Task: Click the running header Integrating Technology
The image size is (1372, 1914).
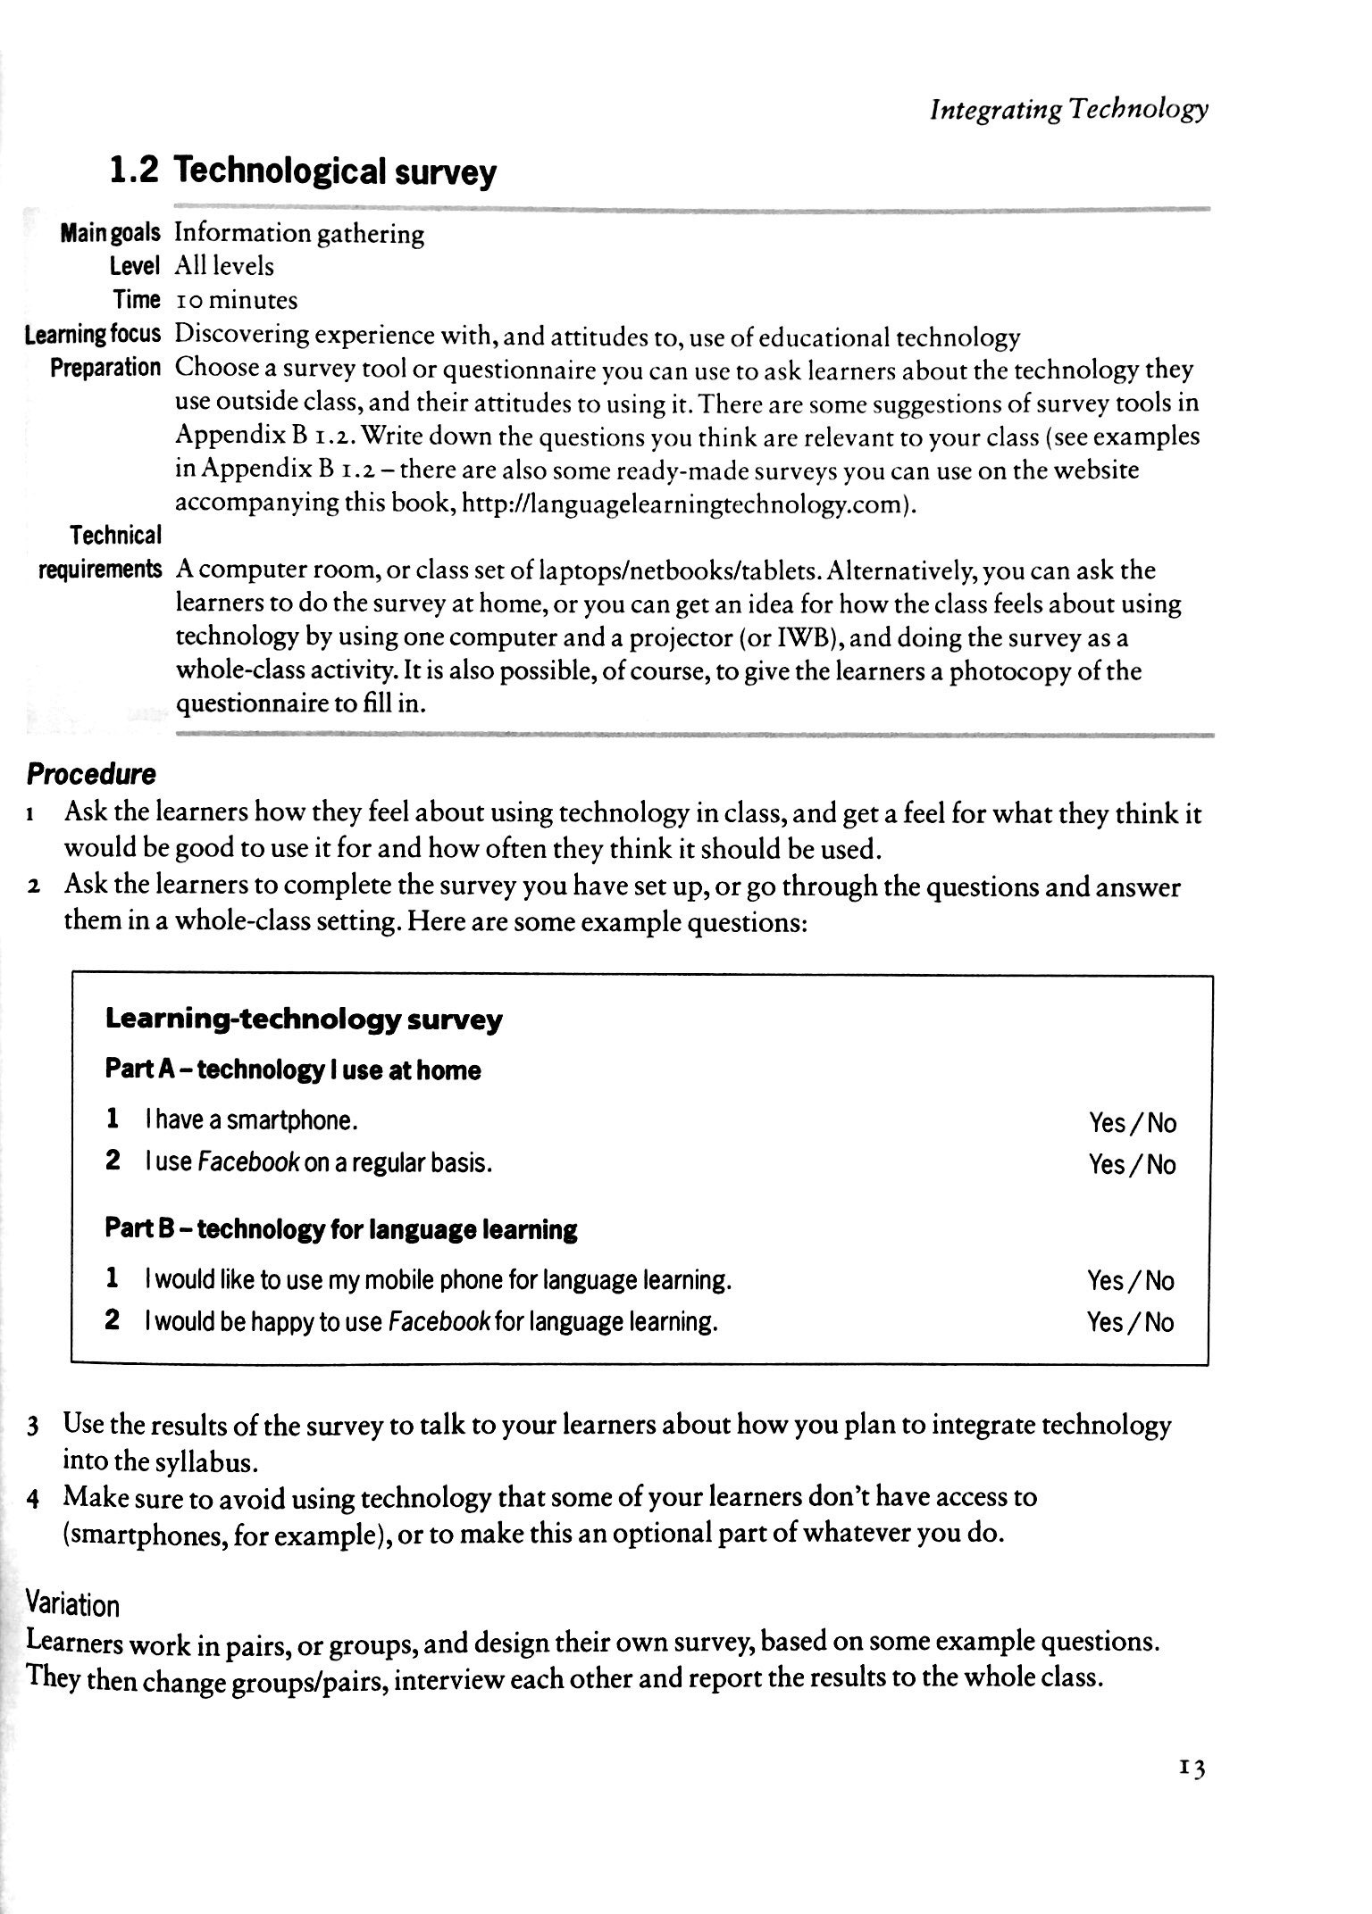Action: tap(1068, 110)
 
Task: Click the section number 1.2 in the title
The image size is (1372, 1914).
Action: tap(134, 170)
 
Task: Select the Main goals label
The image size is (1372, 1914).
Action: tap(110, 234)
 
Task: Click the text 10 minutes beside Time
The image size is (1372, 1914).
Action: tap(236, 300)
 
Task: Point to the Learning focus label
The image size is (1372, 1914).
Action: tap(93, 335)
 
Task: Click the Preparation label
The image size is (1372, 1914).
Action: tap(105, 368)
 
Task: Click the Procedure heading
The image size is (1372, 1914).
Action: tap(91, 773)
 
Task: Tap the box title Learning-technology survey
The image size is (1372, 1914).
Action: tap(304, 1019)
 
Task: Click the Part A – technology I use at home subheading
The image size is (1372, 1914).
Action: tap(293, 1069)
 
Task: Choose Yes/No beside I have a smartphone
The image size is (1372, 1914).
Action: tap(1132, 1122)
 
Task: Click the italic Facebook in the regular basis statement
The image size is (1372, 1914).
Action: tap(248, 1163)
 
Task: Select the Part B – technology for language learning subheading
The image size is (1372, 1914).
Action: tap(341, 1229)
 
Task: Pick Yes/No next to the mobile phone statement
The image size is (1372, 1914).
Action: tap(1130, 1281)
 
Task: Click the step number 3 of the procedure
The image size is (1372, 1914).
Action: tap(32, 1426)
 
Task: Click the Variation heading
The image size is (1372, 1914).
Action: tap(73, 1605)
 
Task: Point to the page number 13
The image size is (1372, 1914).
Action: tap(1192, 1767)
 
